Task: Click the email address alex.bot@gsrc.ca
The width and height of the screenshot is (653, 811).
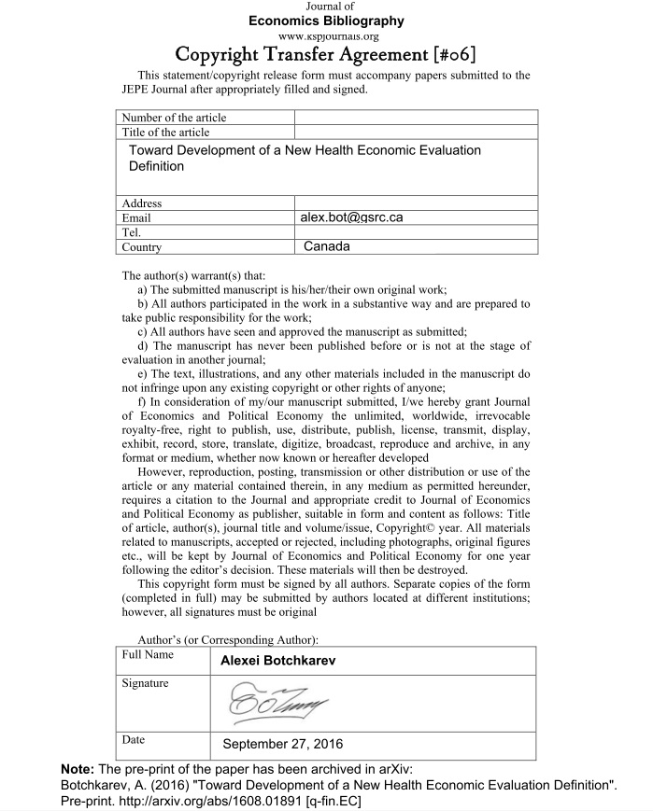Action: (x=351, y=217)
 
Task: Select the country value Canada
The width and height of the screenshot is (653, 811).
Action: (x=326, y=246)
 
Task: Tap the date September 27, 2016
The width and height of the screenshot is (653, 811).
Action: (x=283, y=744)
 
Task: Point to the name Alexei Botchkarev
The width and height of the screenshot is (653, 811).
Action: (x=277, y=661)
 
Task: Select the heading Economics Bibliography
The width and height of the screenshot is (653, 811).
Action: (x=326, y=21)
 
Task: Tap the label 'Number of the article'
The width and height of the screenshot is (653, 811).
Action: (x=174, y=118)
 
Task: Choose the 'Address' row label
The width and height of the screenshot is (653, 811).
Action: (x=142, y=203)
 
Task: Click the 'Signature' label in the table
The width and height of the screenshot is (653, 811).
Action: (x=146, y=683)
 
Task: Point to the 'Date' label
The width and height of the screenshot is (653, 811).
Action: (x=134, y=740)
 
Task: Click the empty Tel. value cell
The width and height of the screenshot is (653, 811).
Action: (x=416, y=232)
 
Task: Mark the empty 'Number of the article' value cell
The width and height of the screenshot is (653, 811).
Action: (x=416, y=118)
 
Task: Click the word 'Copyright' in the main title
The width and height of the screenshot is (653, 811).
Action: (x=228, y=54)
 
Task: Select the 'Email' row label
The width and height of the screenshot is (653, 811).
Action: (x=136, y=217)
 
